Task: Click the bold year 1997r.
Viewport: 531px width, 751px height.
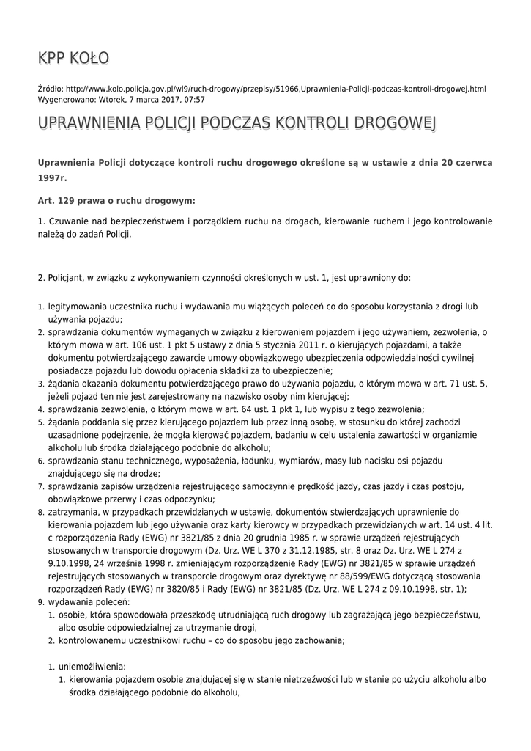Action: pyautogui.click(x=52, y=178)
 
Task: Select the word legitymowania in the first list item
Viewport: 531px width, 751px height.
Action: pyautogui.click(x=80, y=307)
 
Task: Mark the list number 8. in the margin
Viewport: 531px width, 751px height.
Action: pyautogui.click(x=41, y=513)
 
